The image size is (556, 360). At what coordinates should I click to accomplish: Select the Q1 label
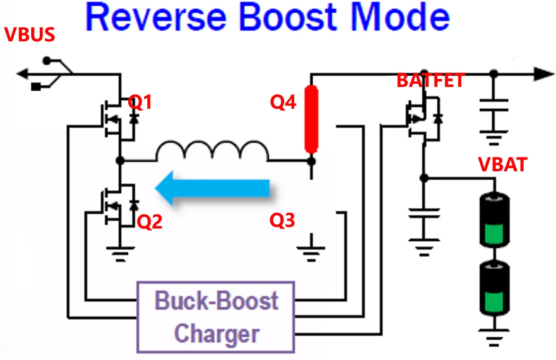pyautogui.click(x=140, y=102)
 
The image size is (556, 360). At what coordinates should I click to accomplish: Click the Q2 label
pyautogui.click(x=150, y=222)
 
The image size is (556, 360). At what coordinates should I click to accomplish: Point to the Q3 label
pyautogui.click(x=283, y=220)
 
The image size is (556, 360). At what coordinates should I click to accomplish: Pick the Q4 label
pyautogui.click(x=284, y=102)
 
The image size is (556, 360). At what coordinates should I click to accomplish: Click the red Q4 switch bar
pyautogui.click(x=311, y=119)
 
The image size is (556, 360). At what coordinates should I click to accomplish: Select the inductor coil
pyautogui.click(x=212, y=152)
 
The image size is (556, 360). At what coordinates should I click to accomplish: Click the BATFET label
pyautogui.click(x=430, y=81)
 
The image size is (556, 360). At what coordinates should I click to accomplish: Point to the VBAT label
pyautogui.click(x=502, y=165)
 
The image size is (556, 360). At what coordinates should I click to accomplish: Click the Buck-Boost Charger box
pyautogui.click(x=216, y=317)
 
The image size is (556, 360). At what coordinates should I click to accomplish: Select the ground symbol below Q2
pyautogui.click(x=121, y=253)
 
